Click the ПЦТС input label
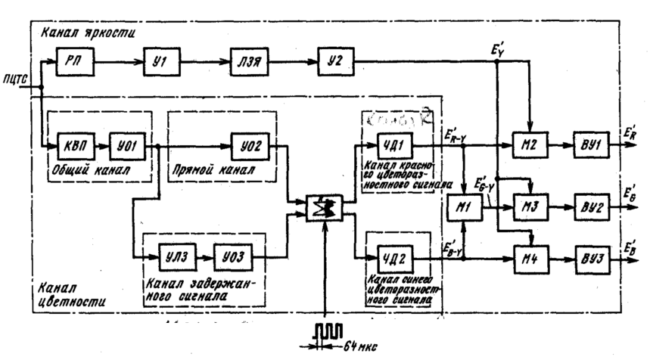click(16, 78)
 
